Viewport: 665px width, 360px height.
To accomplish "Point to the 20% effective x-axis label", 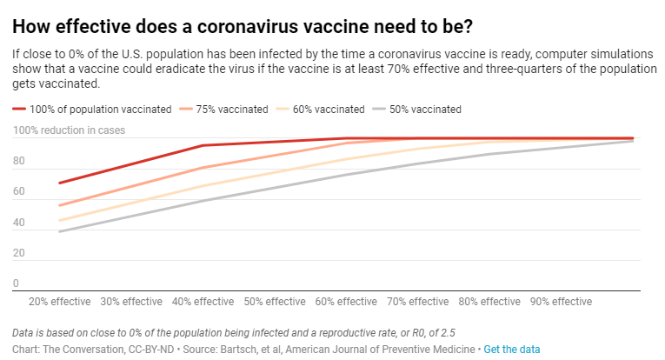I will [59, 302].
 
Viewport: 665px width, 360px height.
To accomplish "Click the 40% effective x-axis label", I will [203, 302].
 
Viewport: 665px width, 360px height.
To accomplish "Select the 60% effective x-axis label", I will [345, 302].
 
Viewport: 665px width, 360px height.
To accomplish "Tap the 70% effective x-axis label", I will [417, 302].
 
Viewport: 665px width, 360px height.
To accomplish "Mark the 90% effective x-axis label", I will [561, 302].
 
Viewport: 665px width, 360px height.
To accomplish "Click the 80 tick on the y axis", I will [18, 162].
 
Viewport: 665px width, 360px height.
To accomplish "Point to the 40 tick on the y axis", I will [18, 223].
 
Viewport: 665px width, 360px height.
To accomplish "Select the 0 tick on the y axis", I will [16, 283].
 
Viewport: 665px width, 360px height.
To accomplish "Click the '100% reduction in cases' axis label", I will [69, 131].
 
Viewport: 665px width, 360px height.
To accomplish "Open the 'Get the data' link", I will [512, 349].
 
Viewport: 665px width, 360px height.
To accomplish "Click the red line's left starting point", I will [59, 183].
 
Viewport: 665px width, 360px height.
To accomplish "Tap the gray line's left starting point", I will [59, 231].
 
